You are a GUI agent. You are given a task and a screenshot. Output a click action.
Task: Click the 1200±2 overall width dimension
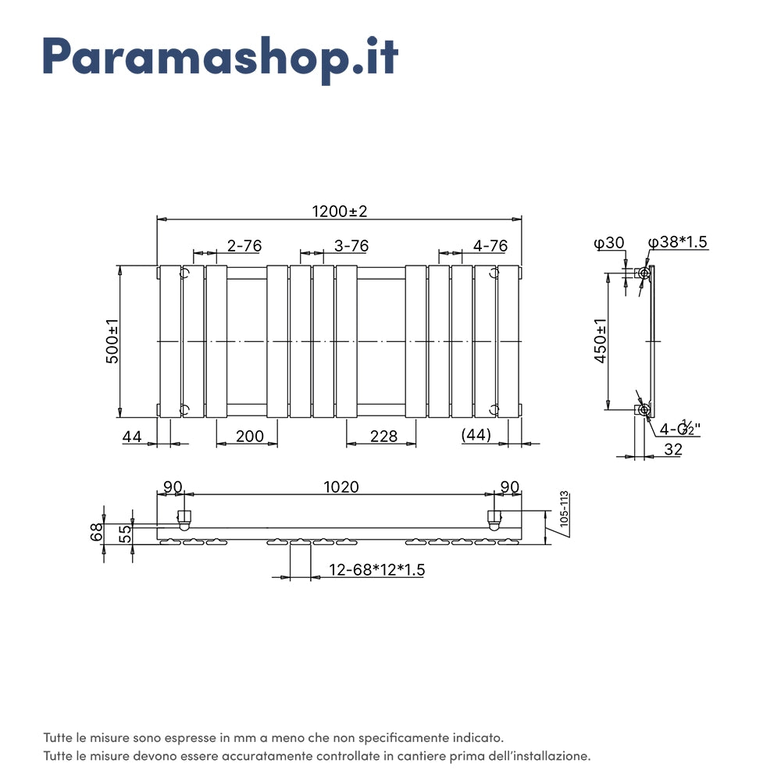pos(339,211)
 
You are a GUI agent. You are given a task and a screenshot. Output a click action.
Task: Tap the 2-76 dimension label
pos(244,245)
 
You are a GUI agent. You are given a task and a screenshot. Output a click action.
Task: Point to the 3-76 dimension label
pos(351,245)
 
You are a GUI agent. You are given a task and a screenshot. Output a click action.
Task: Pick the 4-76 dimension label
pos(490,245)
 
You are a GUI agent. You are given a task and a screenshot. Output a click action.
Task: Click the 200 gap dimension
pos(249,436)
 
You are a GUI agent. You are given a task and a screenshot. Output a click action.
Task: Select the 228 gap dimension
pos(383,436)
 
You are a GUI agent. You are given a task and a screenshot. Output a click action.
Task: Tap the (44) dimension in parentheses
pos(476,435)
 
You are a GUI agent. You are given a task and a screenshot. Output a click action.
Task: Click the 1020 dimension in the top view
pos(341,487)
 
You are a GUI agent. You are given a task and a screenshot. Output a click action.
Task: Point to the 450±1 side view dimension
pos(600,342)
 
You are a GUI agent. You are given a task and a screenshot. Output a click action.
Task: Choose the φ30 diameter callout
pos(609,243)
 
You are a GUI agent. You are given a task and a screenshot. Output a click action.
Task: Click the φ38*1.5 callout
pos(678,242)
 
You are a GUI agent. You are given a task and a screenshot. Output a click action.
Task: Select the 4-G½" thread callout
pos(679,428)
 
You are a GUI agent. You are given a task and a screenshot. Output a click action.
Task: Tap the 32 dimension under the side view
pos(673,448)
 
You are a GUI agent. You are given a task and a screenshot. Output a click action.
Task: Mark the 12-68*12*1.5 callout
pos(376,570)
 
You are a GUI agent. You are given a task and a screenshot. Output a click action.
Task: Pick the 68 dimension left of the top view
pos(97,533)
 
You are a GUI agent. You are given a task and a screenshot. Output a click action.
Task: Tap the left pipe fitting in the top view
pos(184,519)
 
